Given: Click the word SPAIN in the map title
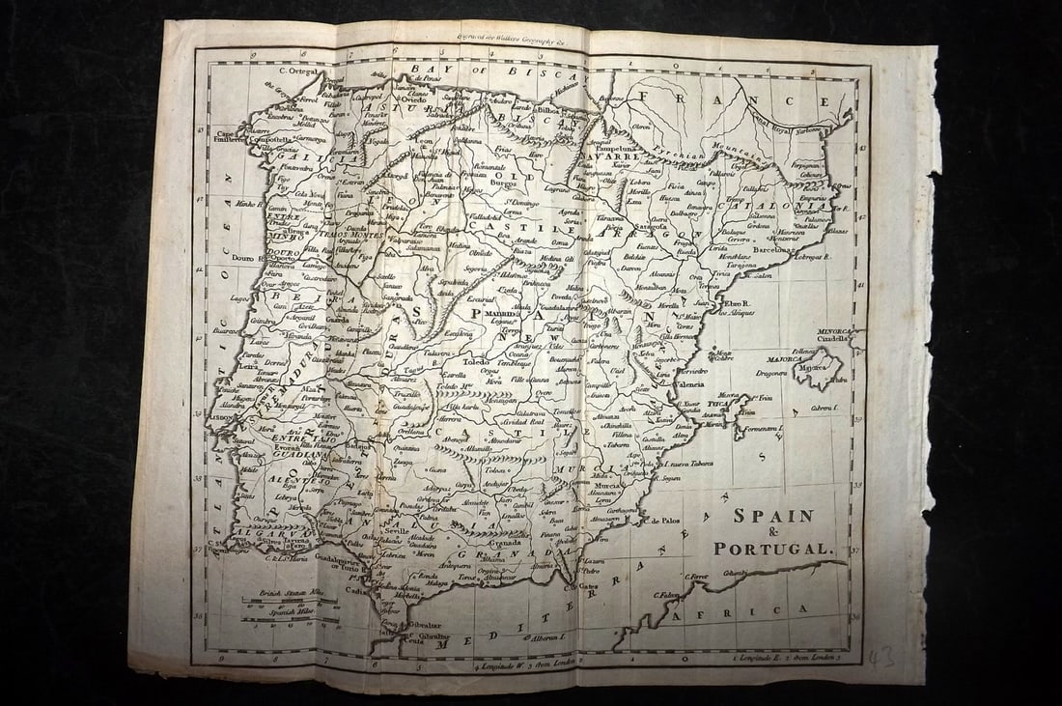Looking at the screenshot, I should click(772, 516).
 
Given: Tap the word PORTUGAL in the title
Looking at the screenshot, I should click(771, 549).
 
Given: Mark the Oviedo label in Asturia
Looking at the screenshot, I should click(413, 99).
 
